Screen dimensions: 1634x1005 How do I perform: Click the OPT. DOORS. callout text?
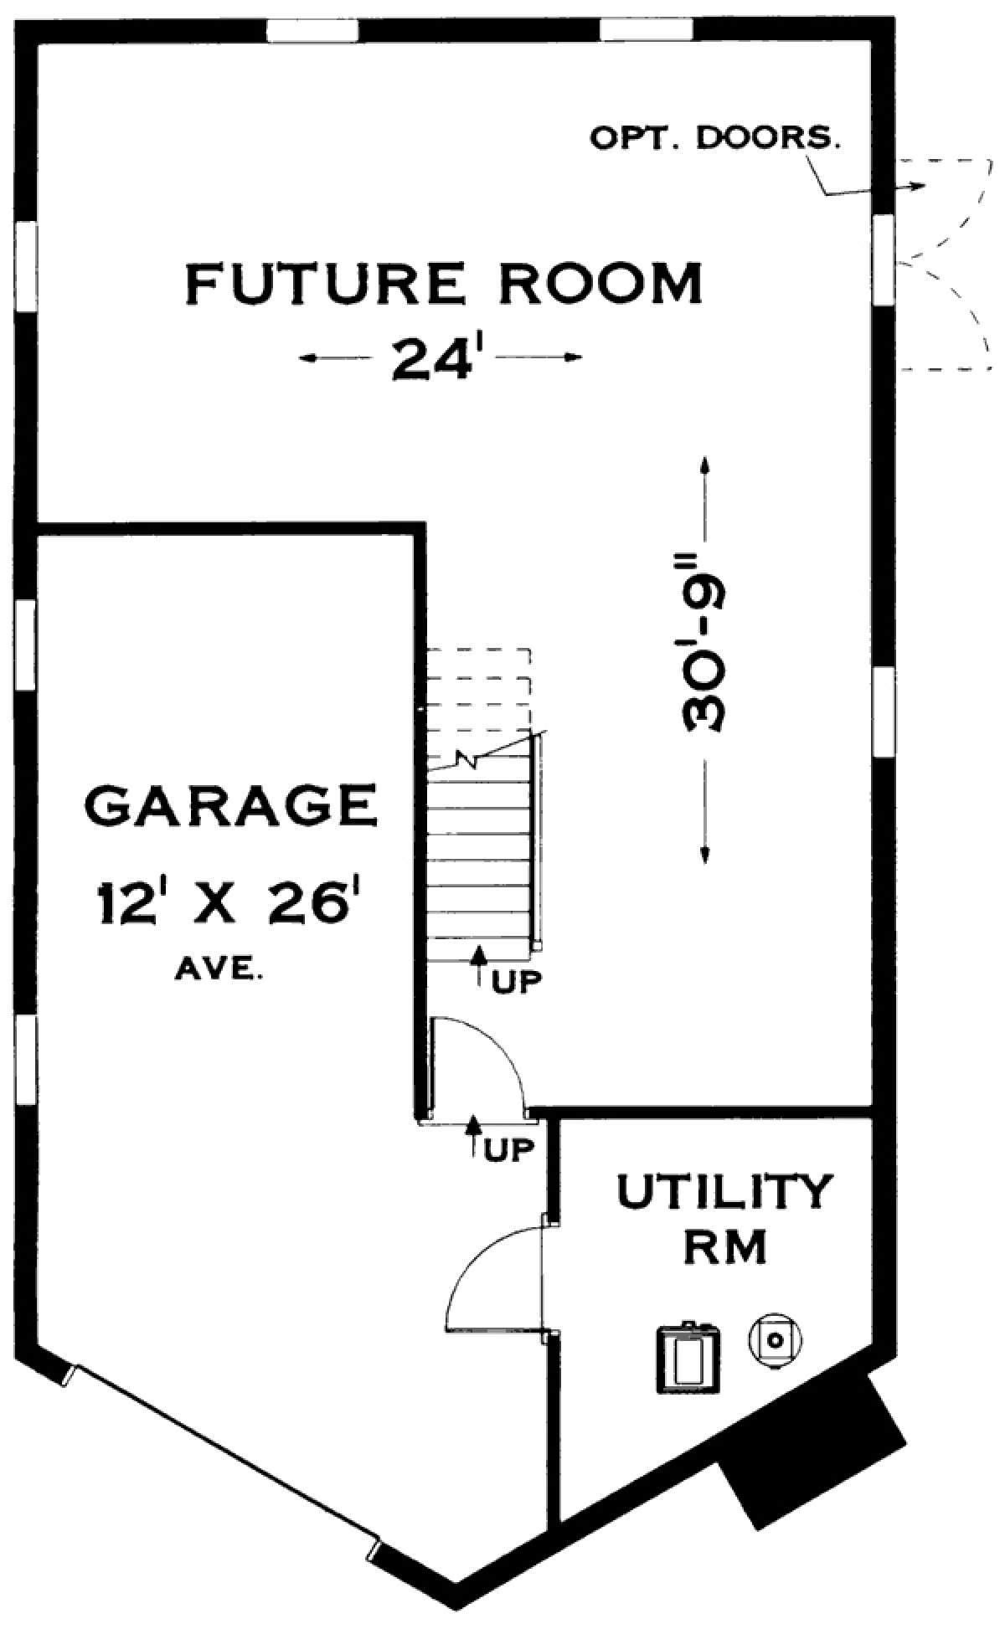(x=715, y=139)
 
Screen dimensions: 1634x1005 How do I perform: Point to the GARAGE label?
(x=230, y=805)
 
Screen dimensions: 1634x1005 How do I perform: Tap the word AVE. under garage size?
(x=220, y=971)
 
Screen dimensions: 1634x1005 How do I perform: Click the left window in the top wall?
(x=312, y=30)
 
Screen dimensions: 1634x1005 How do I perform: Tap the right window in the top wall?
(x=647, y=30)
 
